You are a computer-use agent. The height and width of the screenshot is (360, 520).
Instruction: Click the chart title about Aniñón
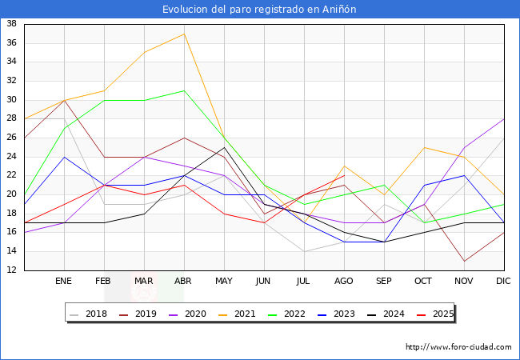pyautogui.click(x=259, y=10)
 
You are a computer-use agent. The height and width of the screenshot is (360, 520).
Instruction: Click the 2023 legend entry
pyautogui.click(x=336, y=314)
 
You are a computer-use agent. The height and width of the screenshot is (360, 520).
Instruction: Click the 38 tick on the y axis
pyautogui.click(x=12, y=24)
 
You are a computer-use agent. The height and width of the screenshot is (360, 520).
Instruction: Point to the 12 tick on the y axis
pyautogui.click(x=12, y=270)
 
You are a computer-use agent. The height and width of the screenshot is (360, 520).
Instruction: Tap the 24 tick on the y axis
pyautogui.click(x=12, y=156)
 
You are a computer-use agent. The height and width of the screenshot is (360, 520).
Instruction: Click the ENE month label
pyautogui.click(x=64, y=282)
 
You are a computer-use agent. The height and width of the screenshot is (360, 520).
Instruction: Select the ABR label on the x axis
pyautogui.click(x=184, y=282)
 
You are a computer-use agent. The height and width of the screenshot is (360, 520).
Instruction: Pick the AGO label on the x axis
pyautogui.click(x=344, y=282)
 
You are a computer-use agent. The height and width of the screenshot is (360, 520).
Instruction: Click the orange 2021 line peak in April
pyautogui.click(x=184, y=34)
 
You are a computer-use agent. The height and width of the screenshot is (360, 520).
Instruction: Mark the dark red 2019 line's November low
pyautogui.click(x=464, y=261)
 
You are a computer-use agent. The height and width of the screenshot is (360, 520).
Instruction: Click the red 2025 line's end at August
pyautogui.click(x=344, y=175)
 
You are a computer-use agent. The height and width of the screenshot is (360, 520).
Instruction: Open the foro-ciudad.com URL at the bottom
pyautogui.click(x=458, y=347)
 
